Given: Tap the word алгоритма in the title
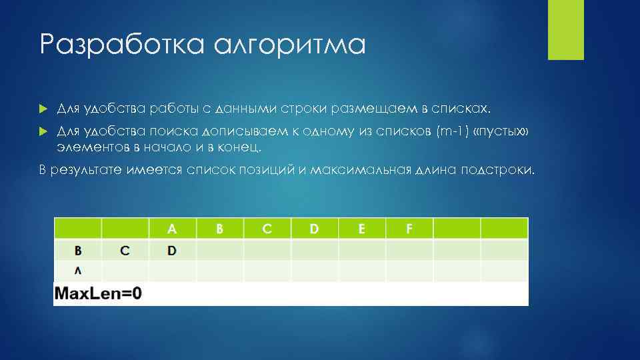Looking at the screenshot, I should click(290, 45).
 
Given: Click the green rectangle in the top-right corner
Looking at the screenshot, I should click(565, 29).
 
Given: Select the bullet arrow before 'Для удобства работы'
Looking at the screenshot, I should click(43, 108).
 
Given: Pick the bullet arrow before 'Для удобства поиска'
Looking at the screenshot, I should click(43, 132).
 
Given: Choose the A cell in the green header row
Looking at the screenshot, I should click(172, 229).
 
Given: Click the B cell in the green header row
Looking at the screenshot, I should click(219, 229).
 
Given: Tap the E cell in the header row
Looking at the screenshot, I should click(362, 229).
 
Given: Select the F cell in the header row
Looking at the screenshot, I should click(409, 229).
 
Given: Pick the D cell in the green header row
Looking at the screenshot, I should click(314, 229).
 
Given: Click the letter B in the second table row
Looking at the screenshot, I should click(78, 251).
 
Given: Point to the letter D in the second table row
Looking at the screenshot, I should click(172, 251).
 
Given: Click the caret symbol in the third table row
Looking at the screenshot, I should click(78, 271).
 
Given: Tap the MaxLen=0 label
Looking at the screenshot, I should click(98, 293).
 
